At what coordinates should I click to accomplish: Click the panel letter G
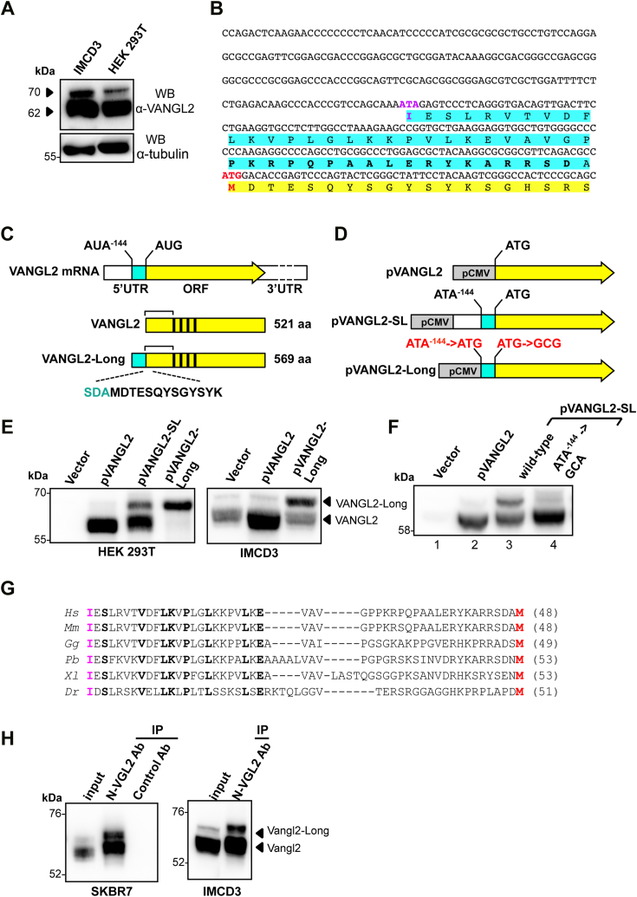pyautogui.click(x=8, y=588)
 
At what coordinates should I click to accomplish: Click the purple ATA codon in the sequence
pyautogui.click(x=409, y=104)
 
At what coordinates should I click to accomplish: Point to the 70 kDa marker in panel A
pyautogui.click(x=35, y=92)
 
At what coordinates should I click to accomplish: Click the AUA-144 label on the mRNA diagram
pyautogui.click(x=105, y=245)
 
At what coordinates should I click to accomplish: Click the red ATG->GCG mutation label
pyautogui.click(x=529, y=343)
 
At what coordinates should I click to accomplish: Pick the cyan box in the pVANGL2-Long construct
pyautogui.click(x=488, y=371)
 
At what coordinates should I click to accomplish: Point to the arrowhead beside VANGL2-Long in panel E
pyautogui.click(x=327, y=502)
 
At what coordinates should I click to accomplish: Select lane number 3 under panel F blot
pyautogui.click(x=509, y=544)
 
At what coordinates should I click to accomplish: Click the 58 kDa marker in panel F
pyautogui.click(x=404, y=530)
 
